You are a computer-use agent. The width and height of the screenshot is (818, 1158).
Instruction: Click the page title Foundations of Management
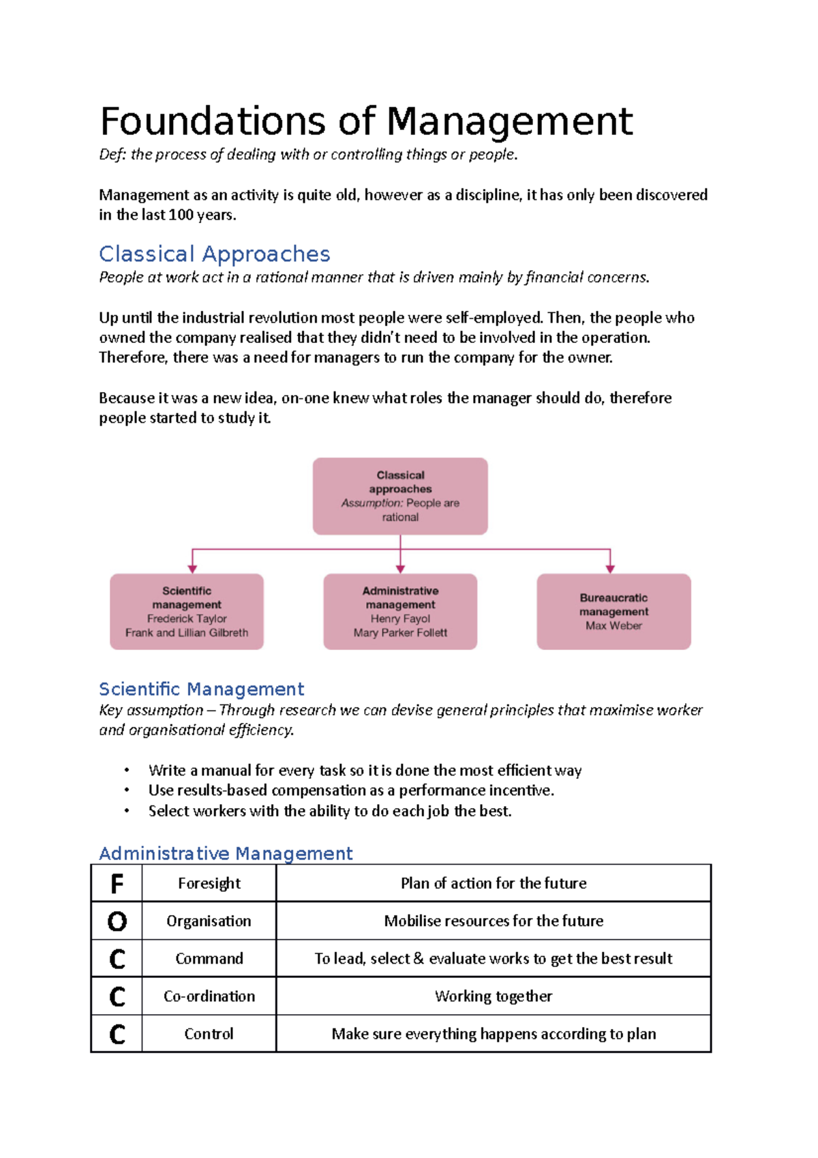pyautogui.click(x=366, y=121)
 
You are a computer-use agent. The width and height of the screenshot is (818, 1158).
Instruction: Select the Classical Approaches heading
pyautogui.click(x=214, y=254)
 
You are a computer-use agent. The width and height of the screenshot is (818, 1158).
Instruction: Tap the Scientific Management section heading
pyautogui.click(x=201, y=689)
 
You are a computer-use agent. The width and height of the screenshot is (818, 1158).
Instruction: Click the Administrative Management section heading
pyautogui.click(x=226, y=853)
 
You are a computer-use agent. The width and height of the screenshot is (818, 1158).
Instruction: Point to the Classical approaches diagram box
pyautogui.click(x=400, y=496)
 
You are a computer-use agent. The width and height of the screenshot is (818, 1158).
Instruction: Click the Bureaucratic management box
pyautogui.click(x=613, y=611)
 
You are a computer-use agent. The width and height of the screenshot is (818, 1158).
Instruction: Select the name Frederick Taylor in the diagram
pyautogui.click(x=187, y=619)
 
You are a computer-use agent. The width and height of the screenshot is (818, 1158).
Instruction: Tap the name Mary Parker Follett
pyautogui.click(x=400, y=633)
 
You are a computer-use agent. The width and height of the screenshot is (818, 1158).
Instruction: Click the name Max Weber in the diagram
pyautogui.click(x=613, y=625)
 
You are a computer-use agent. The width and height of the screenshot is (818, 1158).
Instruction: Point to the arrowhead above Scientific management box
pyautogui.click(x=193, y=568)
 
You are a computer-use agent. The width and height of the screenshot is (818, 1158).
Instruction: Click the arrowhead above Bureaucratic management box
pyautogui.click(x=610, y=568)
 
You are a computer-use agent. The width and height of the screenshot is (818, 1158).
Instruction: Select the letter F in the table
pyautogui.click(x=117, y=884)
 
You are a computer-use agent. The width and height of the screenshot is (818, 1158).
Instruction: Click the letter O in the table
pyautogui.click(x=117, y=921)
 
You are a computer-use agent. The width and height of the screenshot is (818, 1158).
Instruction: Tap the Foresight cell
pyautogui.click(x=209, y=884)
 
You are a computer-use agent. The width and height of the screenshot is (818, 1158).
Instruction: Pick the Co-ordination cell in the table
pyautogui.click(x=209, y=996)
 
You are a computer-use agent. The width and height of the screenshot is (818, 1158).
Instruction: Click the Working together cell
pyautogui.click(x=493, y=996)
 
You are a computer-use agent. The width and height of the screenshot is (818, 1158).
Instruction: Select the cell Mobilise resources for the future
pyautogui.click(x=493, y=921)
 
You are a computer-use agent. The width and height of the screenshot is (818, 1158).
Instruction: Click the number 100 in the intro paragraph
pyautogui.click(x=181, y=215)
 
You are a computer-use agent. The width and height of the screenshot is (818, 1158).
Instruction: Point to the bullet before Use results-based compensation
pyautogui.click(x=127, y=790)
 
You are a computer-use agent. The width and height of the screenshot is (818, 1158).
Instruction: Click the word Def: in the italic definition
pyautogui.click(x=112, y=155)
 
